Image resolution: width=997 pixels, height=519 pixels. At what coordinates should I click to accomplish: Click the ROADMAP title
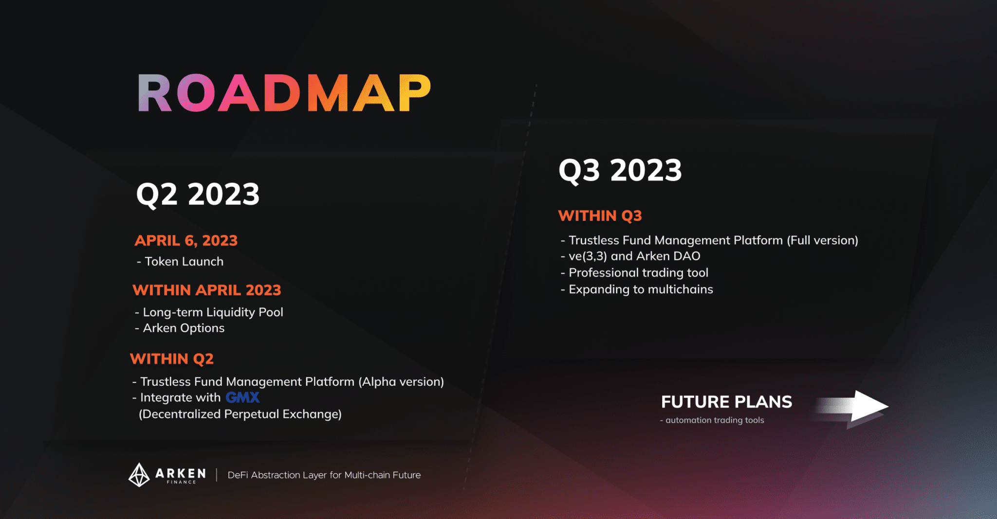tap(285, 93)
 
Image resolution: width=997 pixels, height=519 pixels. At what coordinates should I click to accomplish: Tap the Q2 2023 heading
tap(198, 194)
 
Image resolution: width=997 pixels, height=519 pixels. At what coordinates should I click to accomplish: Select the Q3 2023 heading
tap(620, 170)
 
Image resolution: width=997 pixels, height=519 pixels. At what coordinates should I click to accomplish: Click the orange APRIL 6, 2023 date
tap(186, 240)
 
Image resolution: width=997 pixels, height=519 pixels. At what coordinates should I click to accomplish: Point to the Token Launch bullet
tap(180, 261)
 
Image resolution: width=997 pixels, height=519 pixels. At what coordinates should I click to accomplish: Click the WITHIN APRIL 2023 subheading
tap(207, 290)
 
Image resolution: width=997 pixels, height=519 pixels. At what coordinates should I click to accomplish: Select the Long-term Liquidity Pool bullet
tap(209, 312)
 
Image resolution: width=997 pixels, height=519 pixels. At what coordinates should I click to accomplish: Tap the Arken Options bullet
tap(180, 328)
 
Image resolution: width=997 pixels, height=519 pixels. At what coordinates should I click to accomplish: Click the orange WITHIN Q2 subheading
tap(172, 359)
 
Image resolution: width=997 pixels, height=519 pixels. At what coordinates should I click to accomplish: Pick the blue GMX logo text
tap(242, 397)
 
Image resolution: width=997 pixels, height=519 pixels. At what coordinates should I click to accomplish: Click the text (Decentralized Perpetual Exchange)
tap(240, 414)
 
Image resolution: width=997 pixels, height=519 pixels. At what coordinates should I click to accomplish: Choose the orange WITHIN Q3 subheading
tap(600, 215)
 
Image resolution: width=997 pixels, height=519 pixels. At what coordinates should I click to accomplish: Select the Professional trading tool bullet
tap(634, 272)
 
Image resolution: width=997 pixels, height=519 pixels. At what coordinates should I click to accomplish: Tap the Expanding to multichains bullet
tap(637, 289)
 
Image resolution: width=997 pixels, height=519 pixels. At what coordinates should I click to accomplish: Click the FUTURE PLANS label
tap(726, 402)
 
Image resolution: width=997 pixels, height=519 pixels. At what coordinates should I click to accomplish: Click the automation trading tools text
tap(712, 420)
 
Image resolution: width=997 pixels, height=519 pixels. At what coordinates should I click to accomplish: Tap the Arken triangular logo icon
tap(139, 475)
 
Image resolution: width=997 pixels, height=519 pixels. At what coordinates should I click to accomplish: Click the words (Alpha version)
tap(401, 382)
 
